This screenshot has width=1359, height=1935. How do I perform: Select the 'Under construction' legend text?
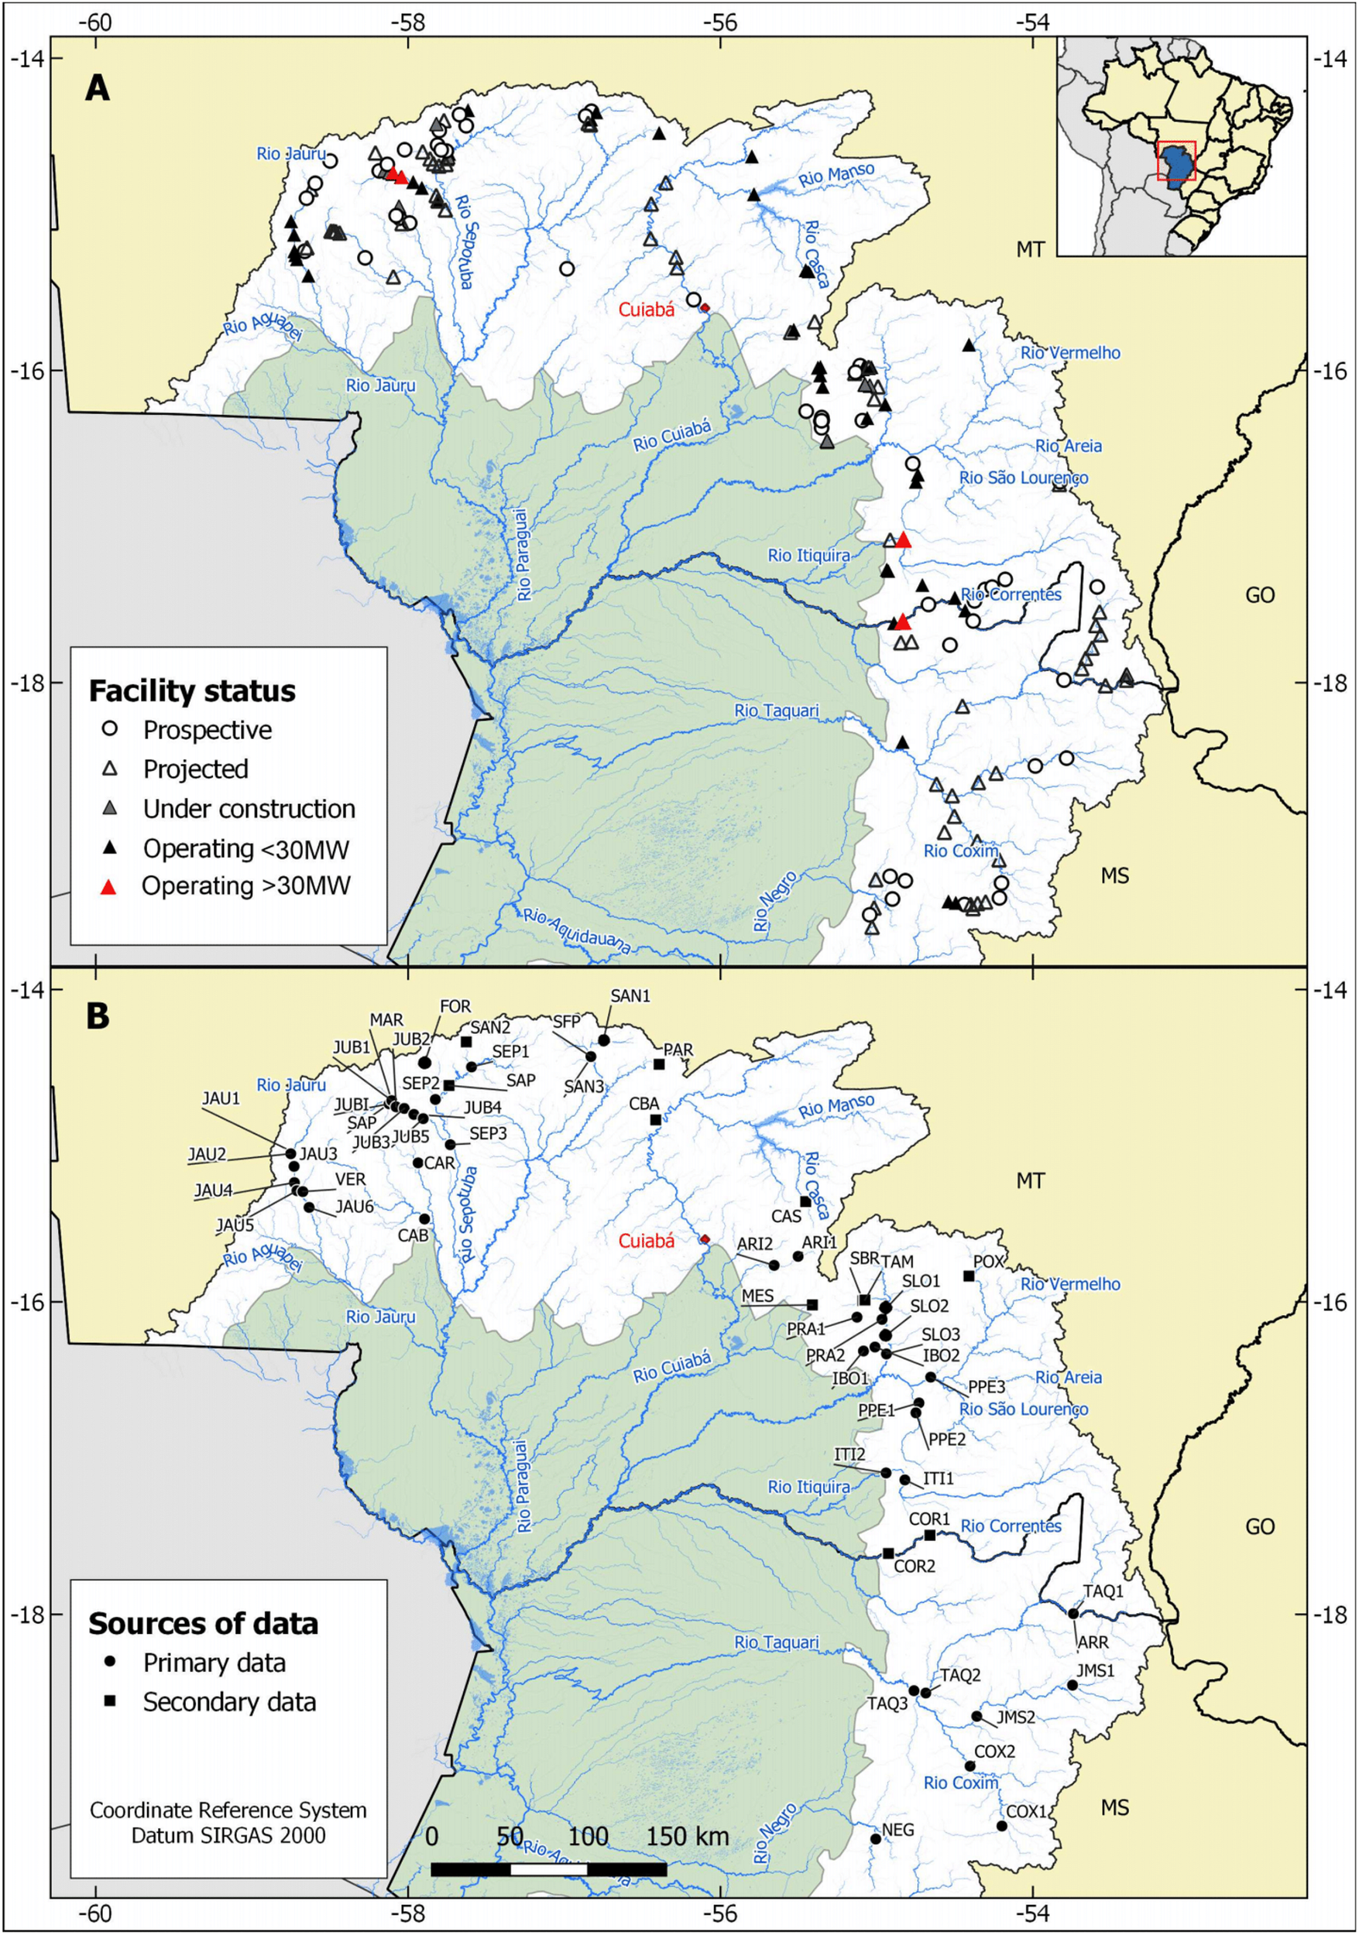pyautogui.click(x=249, y=809)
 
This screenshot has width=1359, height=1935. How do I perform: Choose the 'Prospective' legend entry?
pyautogui.click(x=208, y=730)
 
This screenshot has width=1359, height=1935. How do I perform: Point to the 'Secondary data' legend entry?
pyautogui.click(x=229, y=1702)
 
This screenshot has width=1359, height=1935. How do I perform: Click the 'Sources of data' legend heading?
pyautogui.click(x=203, y=1623)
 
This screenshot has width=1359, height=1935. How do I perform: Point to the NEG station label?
pyautogui.click(x=897, y=1830)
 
